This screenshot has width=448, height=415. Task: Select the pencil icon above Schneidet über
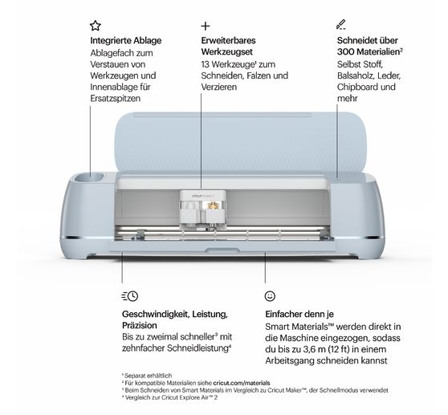(341, 25)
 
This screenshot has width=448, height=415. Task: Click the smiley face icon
(270, 296)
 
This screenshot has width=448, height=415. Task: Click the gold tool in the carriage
(213, 205)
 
